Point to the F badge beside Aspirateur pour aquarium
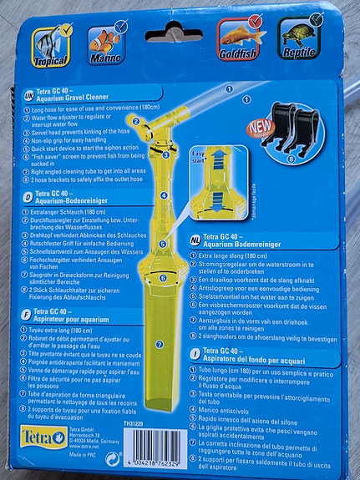point(28,316)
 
